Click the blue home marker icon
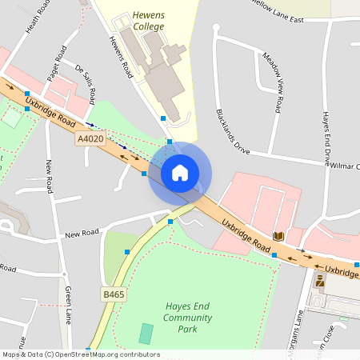coord(180,173)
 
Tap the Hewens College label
coord(149,21)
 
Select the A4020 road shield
coord(91,138)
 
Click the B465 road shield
coord(114,294)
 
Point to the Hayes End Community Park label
coord(192,318)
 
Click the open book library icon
coord(278,236)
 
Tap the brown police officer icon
coord(320,280)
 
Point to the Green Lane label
coord(70,302)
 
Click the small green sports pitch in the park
coord(145,334)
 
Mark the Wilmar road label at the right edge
coord(346,166)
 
